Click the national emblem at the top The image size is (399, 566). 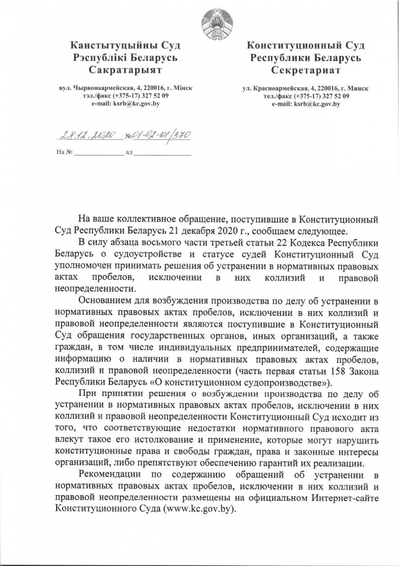[x=214, y=23]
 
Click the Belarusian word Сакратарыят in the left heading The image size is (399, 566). [x=125, y=70]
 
